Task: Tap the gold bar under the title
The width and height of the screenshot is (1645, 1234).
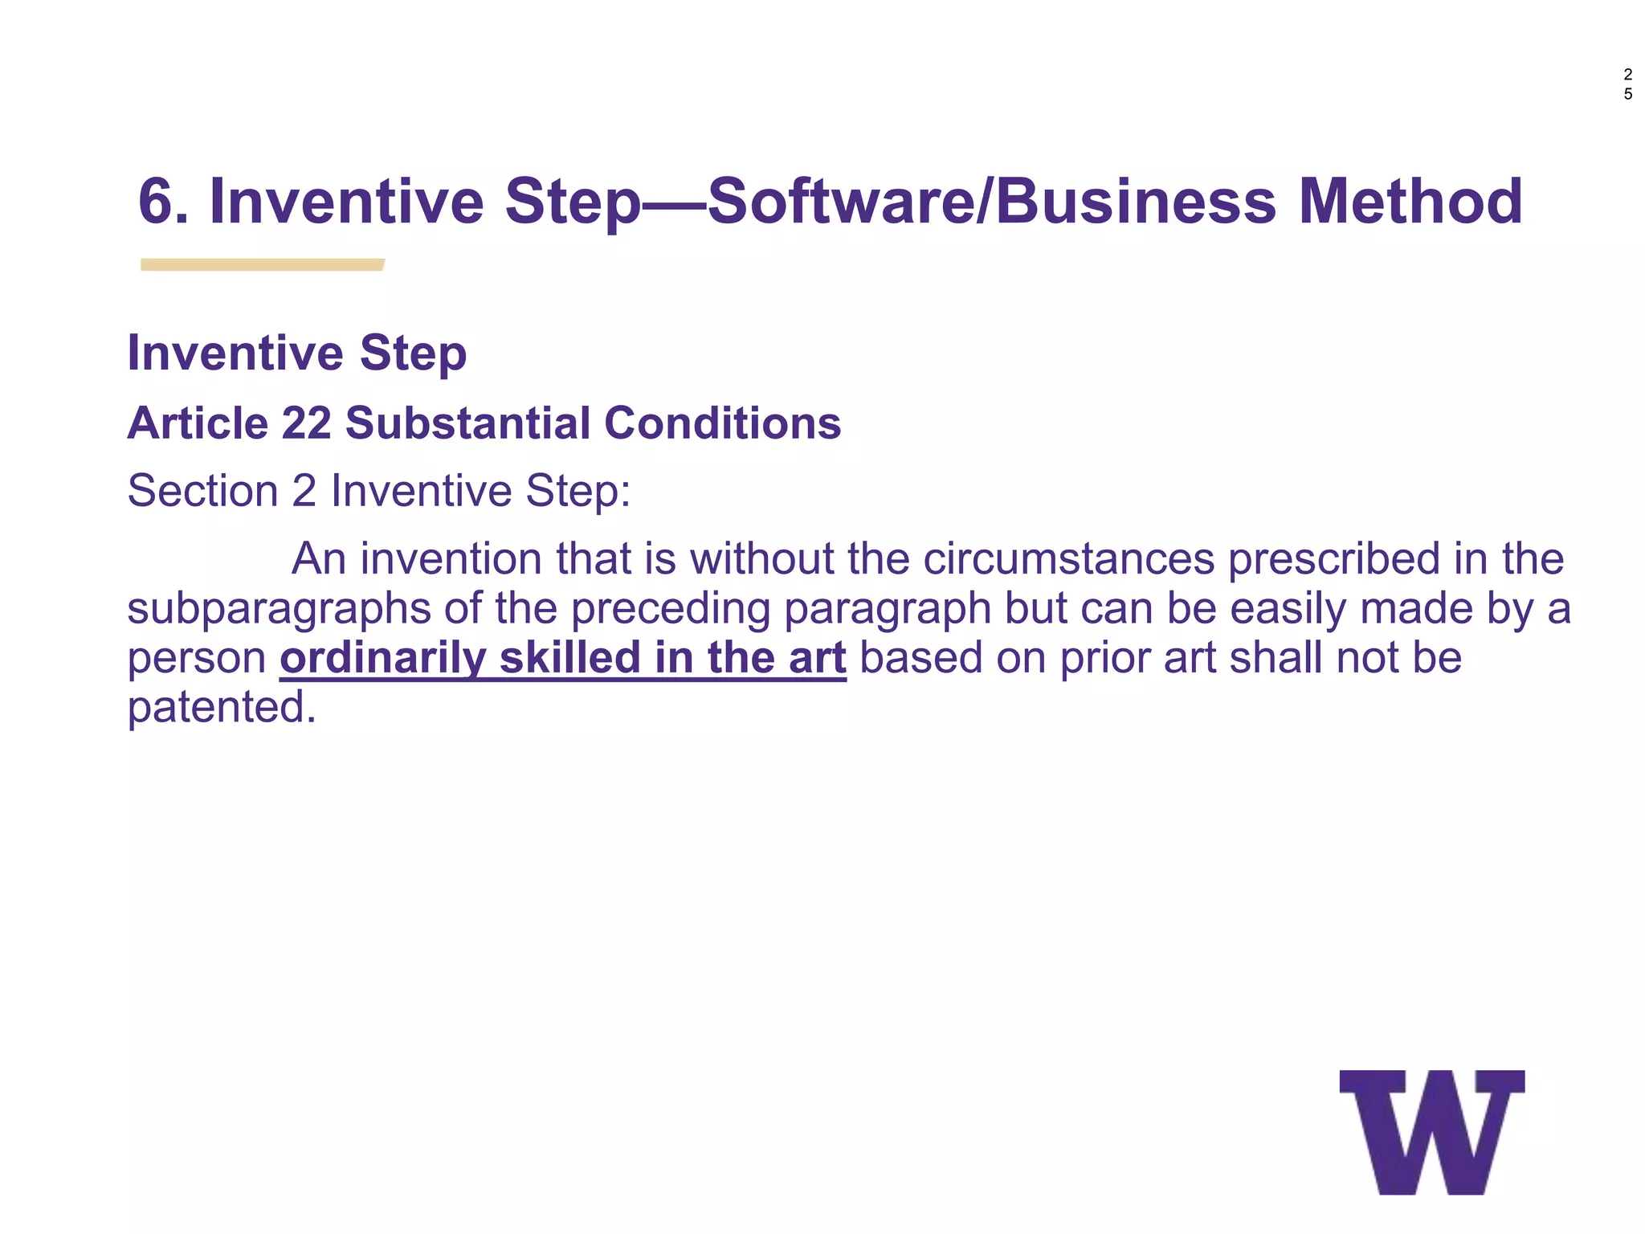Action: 262,264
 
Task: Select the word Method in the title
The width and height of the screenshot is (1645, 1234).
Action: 1410,201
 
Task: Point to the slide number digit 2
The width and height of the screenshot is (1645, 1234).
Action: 1628,75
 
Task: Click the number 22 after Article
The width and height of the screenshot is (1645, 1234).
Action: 307,423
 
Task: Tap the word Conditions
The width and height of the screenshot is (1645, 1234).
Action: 722,423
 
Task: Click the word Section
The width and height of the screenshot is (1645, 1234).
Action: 202,490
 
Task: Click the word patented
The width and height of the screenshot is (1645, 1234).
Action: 222,707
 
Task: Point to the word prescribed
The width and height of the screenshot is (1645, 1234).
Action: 1334,558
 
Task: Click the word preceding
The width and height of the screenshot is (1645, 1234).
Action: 671,608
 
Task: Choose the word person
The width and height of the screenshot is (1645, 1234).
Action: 197,659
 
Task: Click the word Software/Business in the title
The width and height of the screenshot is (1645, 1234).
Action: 991,201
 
